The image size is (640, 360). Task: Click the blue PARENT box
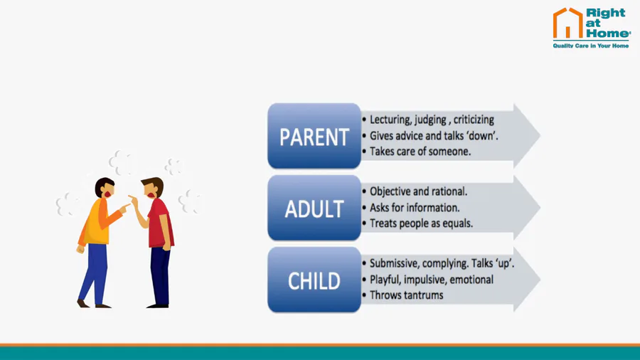tap(314, 136)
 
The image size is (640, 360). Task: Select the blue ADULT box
tap(314, 208)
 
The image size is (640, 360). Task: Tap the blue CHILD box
tap(314, 280)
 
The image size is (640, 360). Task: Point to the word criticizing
tap(474, 120)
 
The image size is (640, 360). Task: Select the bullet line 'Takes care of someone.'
tap(420, 152)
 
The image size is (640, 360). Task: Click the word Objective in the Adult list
tap(390, 192)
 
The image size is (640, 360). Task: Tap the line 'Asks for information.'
tap(415, 208)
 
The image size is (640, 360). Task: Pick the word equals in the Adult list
tap(457, 223)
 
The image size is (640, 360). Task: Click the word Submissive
tap(394, 264)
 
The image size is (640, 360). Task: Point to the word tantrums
tap(424, 295)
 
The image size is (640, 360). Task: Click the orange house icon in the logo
tap(567, 23)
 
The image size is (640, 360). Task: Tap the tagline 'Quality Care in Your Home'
tap(591, 46)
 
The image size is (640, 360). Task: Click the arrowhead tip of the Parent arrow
tap(540, 135)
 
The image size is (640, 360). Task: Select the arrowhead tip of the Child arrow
tap(540, 280)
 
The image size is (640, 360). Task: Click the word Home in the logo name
tap(608, 33)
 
